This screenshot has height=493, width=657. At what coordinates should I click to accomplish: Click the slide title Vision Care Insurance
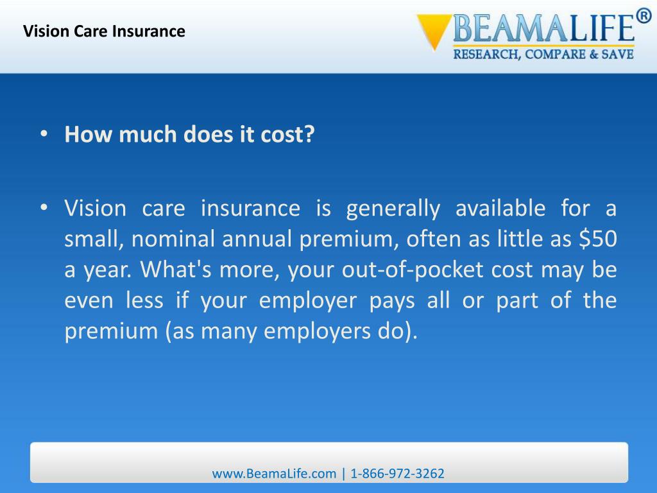click(104, 31)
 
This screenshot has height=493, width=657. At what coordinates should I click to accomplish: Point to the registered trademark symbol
click(644, 16)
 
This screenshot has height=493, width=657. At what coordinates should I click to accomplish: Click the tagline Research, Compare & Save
click(543, 55)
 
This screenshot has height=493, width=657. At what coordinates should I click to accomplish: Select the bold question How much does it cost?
click(190, 135)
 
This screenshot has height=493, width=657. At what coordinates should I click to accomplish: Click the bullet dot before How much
click(44, 134)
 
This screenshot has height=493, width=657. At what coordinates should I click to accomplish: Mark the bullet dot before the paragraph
click(44, 209)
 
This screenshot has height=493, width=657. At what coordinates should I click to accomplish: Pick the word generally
click(393, 209)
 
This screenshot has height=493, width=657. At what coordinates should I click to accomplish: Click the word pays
click(393, 300)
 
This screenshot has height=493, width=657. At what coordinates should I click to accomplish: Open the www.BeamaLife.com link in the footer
click(274, 474)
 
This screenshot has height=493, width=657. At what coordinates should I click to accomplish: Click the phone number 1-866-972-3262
click(397, 474)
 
